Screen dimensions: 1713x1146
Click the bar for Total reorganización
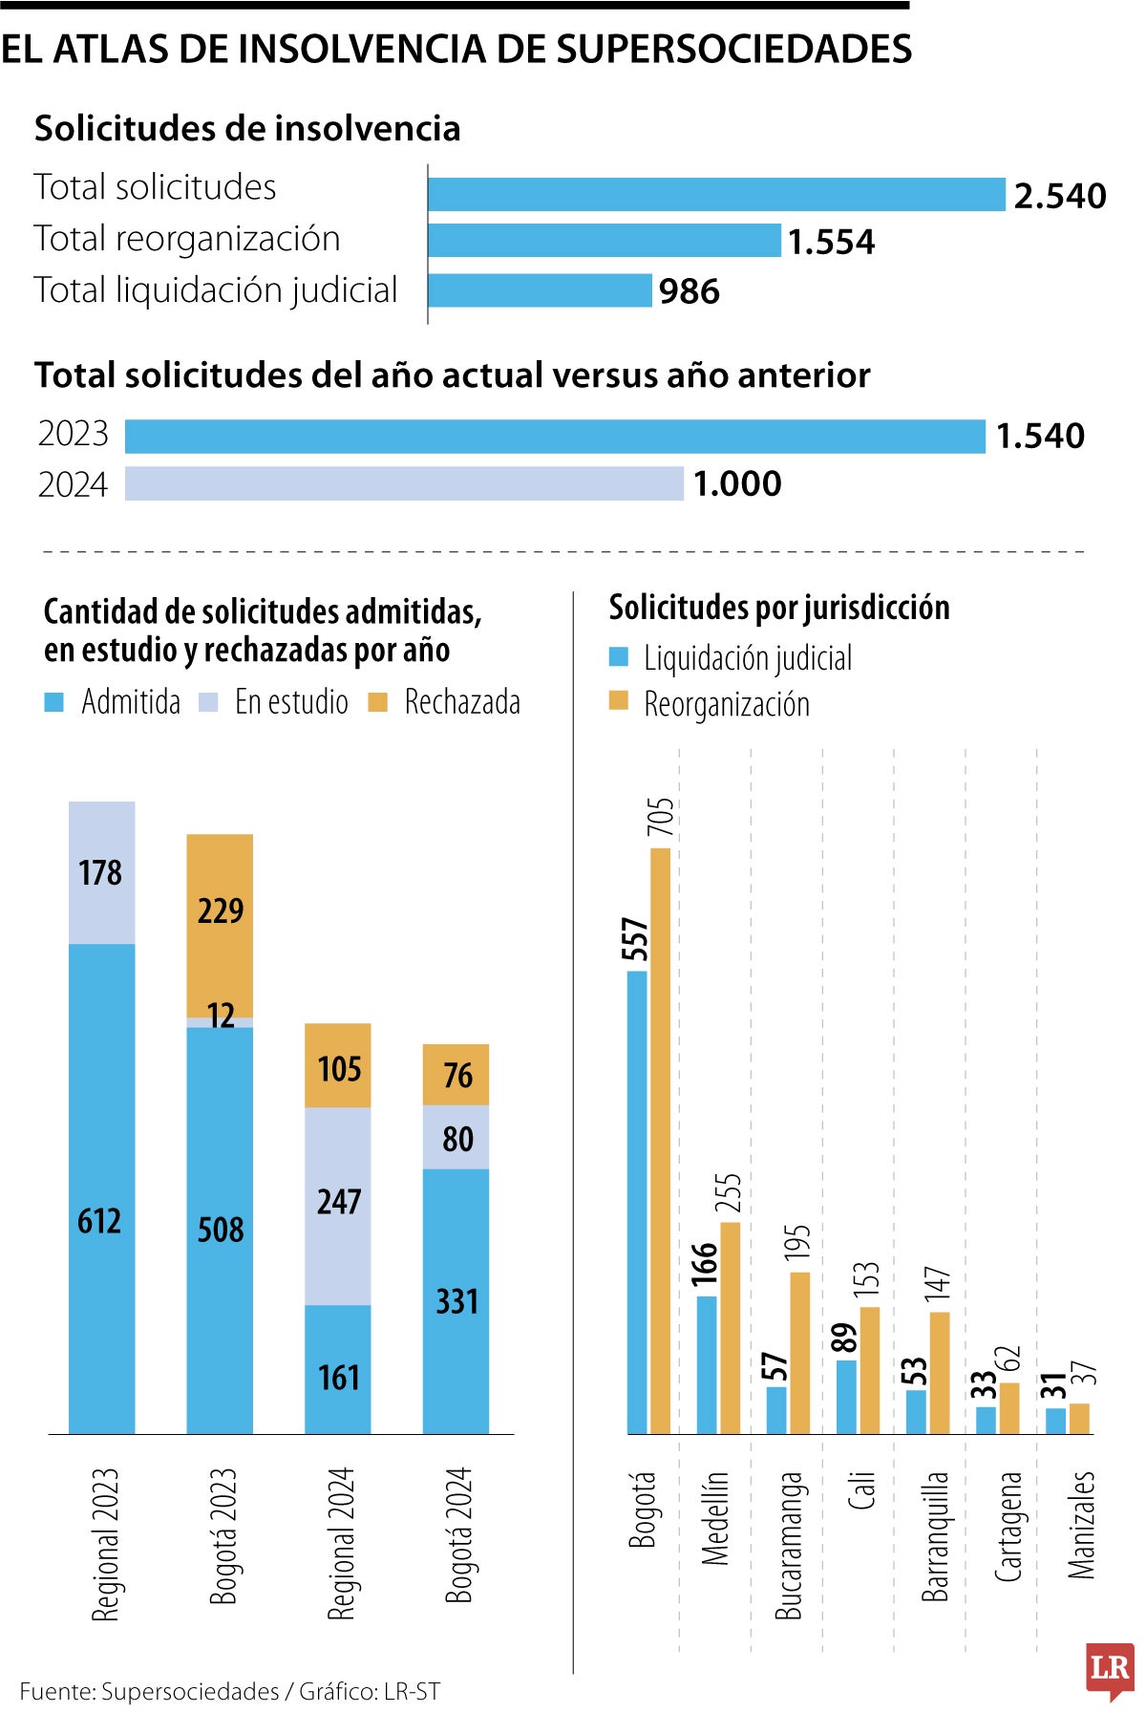click(x=605, y=241)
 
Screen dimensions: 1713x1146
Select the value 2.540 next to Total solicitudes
click(x=1059, y=196)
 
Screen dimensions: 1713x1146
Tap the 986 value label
click(x=689, y=291)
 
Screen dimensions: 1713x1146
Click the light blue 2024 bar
click(x=404, y=483)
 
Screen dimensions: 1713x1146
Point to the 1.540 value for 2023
click(x=1040, y=436)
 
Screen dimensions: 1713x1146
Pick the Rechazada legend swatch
click(x=378, y=703)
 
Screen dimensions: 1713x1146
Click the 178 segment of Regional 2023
click(x=101, y=872)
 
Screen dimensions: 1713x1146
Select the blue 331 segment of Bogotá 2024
click(x=456, y=1301)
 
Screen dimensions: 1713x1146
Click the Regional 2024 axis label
click(x=341, y=1544)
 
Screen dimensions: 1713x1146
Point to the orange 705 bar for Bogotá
click(x=660, y=1141)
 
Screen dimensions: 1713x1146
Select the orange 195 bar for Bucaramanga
click(x=799, y=1352)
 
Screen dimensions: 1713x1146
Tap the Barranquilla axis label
click(x=935, y=1535)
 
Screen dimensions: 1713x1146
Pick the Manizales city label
click(x=1080, y=1525)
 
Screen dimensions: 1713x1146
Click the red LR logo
click(x=1110, y=1669)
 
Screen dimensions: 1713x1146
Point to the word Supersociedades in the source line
click(x=190, y=1692)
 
